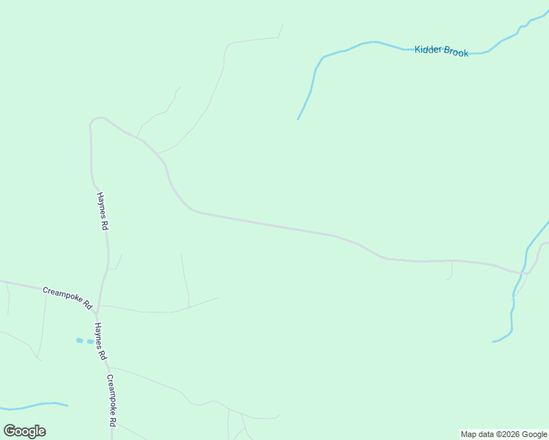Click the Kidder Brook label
tap(441, 51)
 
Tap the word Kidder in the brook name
tap(428, 50)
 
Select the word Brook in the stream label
tap(456, 52)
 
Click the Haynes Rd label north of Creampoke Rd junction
tap(103, 212)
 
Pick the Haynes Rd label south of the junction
tap(99, 342)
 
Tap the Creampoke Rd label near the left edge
tap(67, 296)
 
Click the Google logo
tap(25, 430)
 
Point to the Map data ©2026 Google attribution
tap(503, 434)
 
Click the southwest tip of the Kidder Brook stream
tap(298, 119)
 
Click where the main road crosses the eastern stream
tap(524, 272)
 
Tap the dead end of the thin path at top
tap(283, 24)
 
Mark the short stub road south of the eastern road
tap(451, 271)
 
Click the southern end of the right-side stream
tap(493, 341)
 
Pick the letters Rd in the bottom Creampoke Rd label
tap(114, 421)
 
